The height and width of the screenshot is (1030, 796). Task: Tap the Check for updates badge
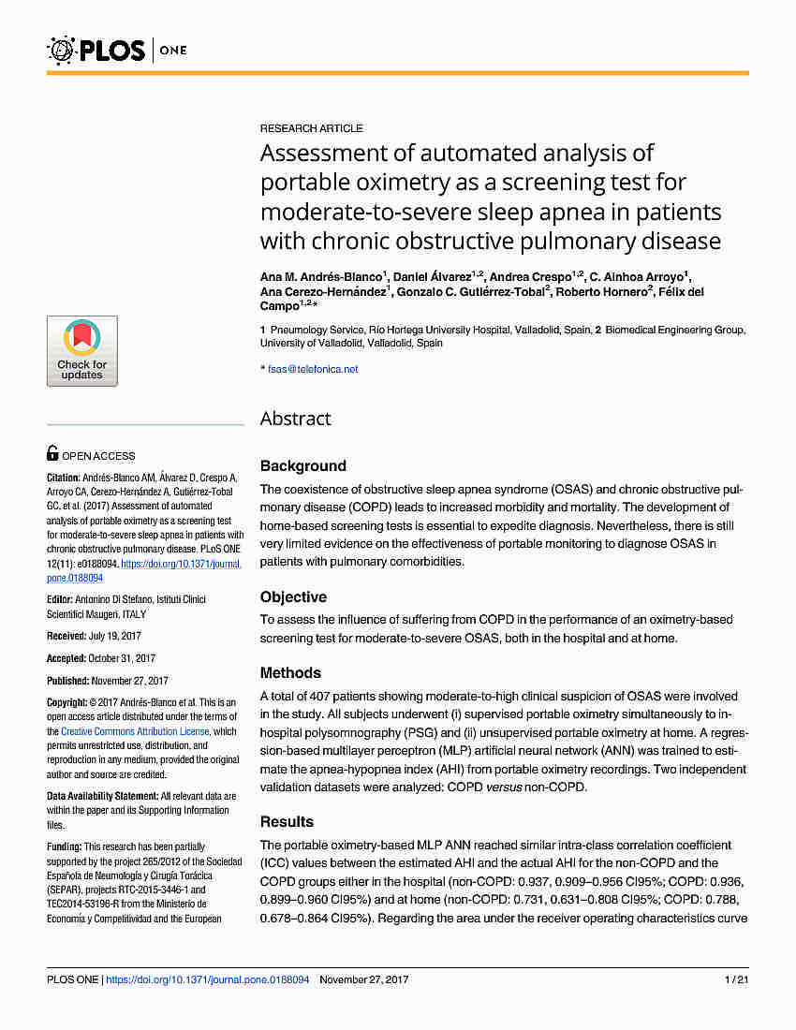pos(82,351)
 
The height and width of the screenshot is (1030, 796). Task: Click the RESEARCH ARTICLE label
pos(311,128)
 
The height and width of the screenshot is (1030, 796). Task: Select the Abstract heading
pos(295,419)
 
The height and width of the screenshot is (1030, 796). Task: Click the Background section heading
pos(302,466)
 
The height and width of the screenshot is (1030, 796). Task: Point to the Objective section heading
pos(293,597)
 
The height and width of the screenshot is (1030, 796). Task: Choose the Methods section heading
pos(290,673)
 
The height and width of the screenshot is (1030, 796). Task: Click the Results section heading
pos(287,822)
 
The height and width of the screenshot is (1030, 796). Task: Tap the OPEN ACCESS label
pos(97,456)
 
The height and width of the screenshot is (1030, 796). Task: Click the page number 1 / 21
pos(736,979)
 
